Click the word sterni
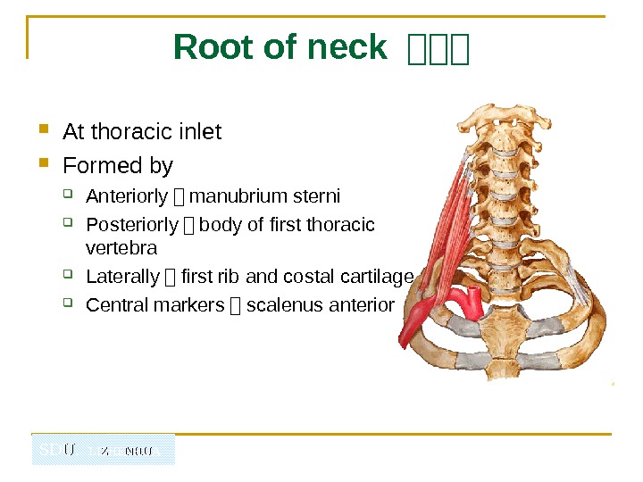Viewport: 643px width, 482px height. click(318, 196)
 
